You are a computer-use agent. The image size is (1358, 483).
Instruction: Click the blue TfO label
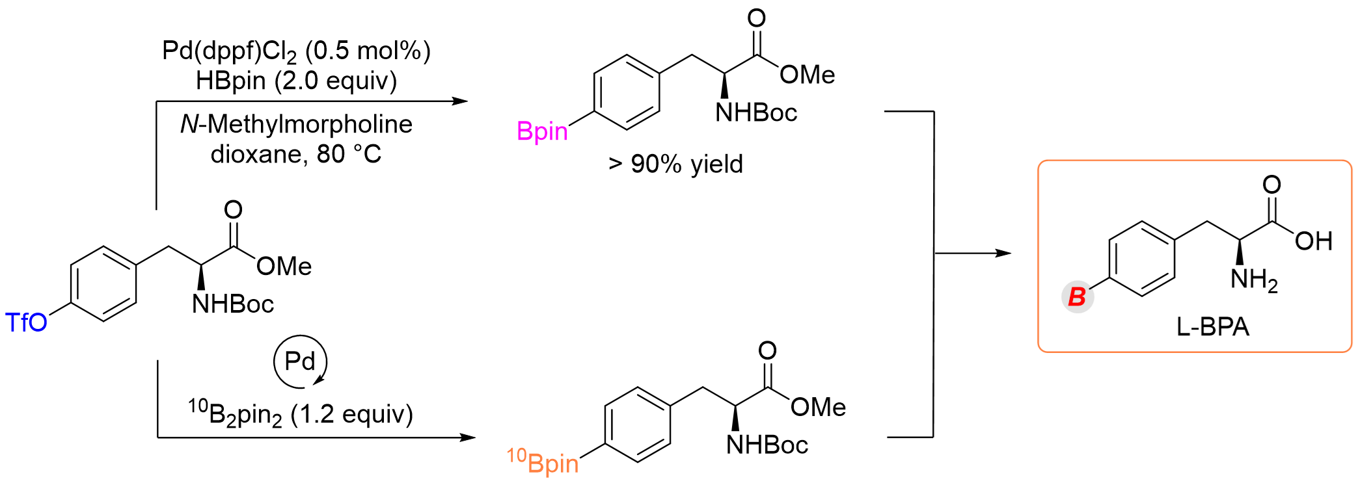click(x=27, y=322)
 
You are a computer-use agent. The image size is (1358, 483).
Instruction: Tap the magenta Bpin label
click(x=542, y=131)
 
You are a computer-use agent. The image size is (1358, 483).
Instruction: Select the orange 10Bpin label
click(x=543, y=462)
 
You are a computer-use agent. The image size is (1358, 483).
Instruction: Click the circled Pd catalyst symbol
click(x=300, y=361)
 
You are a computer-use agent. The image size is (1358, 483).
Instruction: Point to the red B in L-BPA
click(x=1077, y=297)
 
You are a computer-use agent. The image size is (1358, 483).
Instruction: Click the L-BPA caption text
click(x=1213, y=326)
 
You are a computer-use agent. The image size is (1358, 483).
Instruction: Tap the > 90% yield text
click(x=675, y=164)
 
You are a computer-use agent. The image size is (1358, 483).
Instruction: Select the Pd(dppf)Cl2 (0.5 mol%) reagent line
click(x=296, y=51)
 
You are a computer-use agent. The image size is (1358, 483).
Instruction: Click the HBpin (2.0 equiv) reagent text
click(x=296, y=81)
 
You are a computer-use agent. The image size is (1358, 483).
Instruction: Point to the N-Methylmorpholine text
click(x=296, y=124)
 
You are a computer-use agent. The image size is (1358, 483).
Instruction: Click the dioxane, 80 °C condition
click(x=296, y=154)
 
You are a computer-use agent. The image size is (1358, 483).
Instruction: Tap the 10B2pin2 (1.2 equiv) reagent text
click(x=301, y=413)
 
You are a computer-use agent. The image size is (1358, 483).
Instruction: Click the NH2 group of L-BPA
click(x=1254, y=280)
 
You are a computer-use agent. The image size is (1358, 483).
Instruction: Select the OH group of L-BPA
click(x=1314, y=241)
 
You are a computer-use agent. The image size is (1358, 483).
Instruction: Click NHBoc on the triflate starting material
click(x=232, y=304)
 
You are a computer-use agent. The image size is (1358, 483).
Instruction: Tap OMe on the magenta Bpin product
click(x=808, y=75)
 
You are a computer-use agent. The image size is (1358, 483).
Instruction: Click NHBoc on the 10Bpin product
click(x=767, y=445)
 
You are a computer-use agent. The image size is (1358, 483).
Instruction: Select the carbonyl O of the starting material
click(x=233, y=209)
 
